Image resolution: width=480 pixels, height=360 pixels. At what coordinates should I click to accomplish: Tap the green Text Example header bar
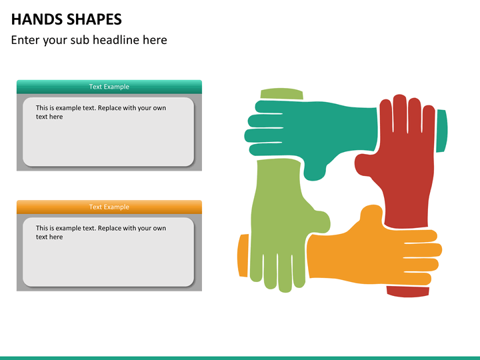109,87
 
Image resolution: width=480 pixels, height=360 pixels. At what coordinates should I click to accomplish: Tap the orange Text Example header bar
109,207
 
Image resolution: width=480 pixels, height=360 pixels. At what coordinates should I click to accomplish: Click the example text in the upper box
101,112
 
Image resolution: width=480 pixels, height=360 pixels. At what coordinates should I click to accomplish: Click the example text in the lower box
101,232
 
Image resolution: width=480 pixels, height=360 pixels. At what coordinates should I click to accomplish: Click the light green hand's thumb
317,219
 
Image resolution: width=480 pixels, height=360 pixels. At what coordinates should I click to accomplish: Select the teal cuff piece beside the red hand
442,131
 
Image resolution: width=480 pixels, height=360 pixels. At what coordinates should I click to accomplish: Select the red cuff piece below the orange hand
407,291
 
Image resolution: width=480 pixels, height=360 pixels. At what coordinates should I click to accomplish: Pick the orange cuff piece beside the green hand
243,255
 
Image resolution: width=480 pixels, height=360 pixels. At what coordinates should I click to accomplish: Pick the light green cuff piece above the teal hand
281,94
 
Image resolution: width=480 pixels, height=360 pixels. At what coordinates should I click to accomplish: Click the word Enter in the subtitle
25,40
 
